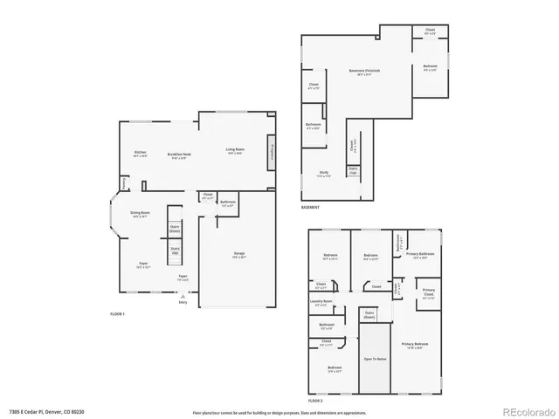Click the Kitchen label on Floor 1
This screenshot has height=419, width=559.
(x=140, y=154)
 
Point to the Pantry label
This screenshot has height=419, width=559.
(x=124, y=183)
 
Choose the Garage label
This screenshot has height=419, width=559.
(x=238, y=255)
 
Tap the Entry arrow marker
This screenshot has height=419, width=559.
(x=183, y=299)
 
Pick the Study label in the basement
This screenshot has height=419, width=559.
(x=323, y=174)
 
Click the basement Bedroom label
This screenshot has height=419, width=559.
(x=431, y=67)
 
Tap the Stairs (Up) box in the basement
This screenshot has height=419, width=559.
(x=353, y=170)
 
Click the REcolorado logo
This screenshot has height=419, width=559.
(x=521, y=411)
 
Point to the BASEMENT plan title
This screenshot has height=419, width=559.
(x=311, y=207)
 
